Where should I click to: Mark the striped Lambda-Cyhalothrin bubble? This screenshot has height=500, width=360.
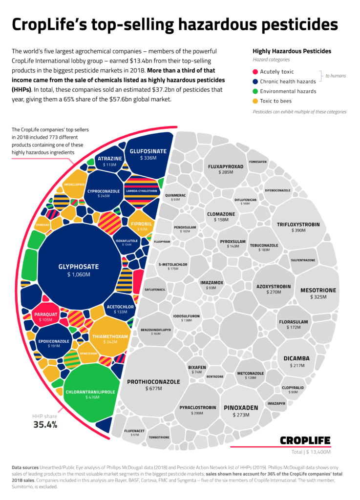142,191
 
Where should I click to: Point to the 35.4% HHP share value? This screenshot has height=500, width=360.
45,424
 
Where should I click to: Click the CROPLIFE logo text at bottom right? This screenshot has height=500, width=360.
305,440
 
